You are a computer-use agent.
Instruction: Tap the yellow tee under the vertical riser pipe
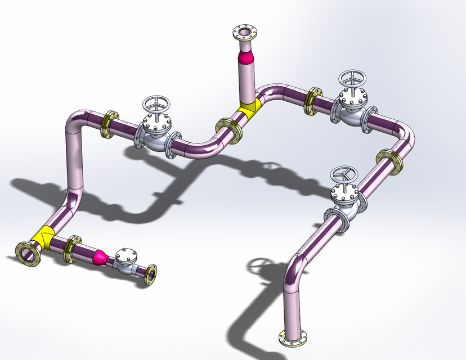click(x=248, y=107)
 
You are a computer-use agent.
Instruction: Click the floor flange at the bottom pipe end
click(x=293, y=337)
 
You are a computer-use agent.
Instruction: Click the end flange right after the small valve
click(x=151, y=274)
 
